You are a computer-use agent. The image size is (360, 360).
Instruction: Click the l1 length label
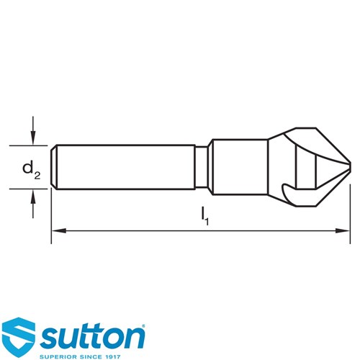[x=204, y=217]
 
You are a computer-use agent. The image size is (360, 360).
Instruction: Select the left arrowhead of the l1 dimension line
[x=59, y=230]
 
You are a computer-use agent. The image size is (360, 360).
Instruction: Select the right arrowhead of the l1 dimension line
[x=343, y=230]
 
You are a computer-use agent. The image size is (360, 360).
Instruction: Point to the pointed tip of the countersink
[x=351, y=167]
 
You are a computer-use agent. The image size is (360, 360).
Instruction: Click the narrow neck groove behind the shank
[x=201, y=167]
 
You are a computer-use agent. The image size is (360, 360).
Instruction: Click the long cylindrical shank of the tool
[x=126, y=167]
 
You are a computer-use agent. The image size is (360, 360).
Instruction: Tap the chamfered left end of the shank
[x=54, y=167]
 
